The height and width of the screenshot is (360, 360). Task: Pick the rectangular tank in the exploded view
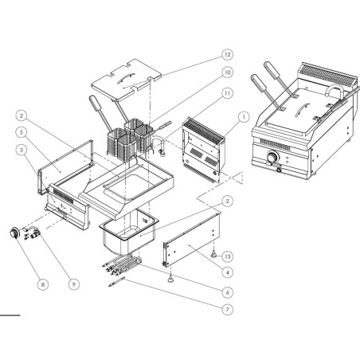[131, 233]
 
